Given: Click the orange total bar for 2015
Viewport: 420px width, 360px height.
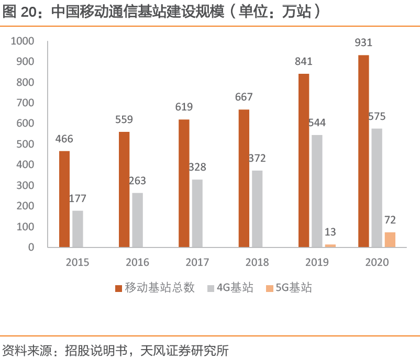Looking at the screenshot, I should click(64, 199).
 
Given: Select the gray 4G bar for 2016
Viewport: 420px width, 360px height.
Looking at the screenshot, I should click(137, 220).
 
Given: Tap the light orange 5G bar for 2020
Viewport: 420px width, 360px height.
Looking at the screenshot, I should click(390, 239).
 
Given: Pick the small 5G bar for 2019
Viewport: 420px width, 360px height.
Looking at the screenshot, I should click(330, 245).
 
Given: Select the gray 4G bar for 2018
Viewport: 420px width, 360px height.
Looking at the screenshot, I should click(257, 208).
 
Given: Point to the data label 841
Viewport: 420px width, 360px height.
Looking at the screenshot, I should click(304, 61).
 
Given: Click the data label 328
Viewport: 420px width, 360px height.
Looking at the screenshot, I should click(197, 167).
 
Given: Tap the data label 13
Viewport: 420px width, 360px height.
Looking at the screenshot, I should click(330, 232).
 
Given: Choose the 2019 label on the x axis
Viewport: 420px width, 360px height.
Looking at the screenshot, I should click(317, 262).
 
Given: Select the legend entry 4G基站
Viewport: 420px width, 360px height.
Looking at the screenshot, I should click(235, 287).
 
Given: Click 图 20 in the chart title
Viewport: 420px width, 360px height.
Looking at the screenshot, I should click(19, 13).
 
